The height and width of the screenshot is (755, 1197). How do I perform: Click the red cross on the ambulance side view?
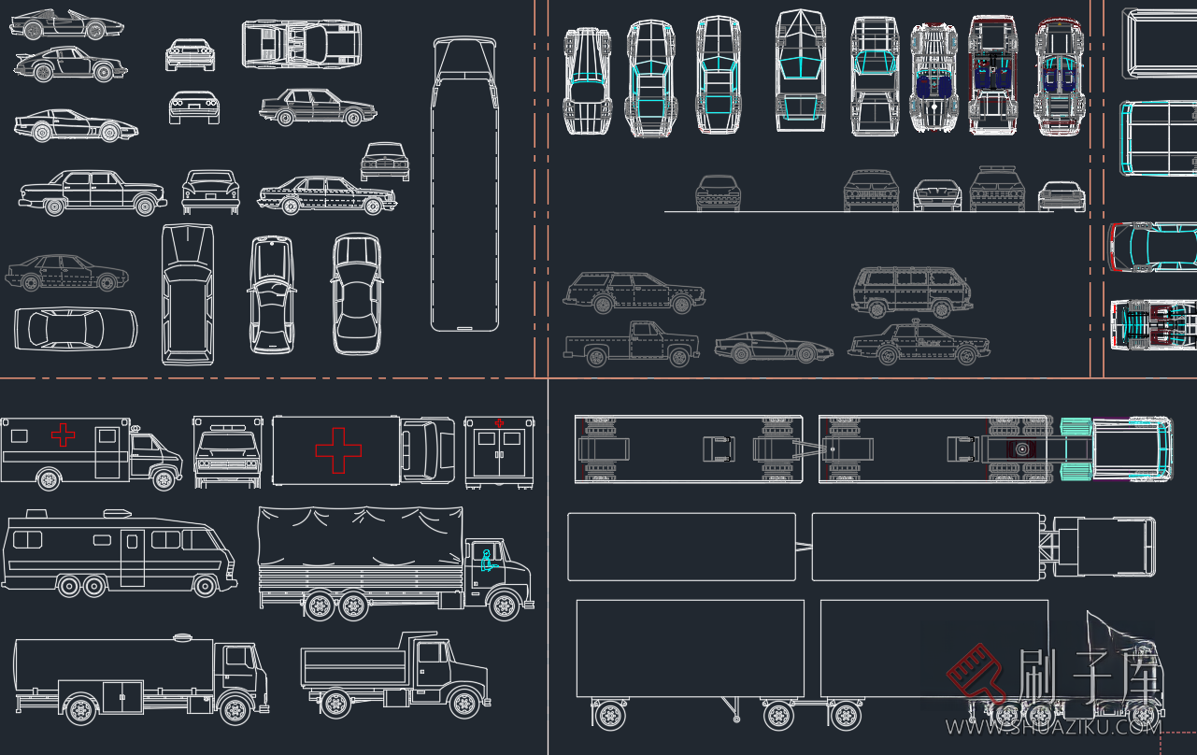coord(63,434)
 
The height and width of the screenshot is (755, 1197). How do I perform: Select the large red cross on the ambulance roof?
coord(338,450)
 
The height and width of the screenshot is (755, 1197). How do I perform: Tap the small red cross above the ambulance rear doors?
coord(499,423)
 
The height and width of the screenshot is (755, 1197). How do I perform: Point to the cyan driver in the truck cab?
coord(486,561)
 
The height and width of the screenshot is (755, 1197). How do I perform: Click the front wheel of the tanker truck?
coord(235,709)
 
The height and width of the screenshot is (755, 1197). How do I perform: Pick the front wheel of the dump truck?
coord(464,701)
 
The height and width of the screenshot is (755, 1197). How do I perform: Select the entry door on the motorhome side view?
coord(133,558)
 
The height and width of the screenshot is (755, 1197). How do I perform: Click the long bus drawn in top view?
coord(464,185)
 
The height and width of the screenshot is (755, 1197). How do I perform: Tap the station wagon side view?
coord(633,292)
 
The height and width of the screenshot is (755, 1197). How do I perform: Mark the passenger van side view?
coord(911,292)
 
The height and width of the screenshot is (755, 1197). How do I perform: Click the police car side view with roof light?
coord(918,344)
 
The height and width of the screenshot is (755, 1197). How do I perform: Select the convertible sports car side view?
coord(65,24)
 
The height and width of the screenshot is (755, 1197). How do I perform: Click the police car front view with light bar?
coord(997,189)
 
